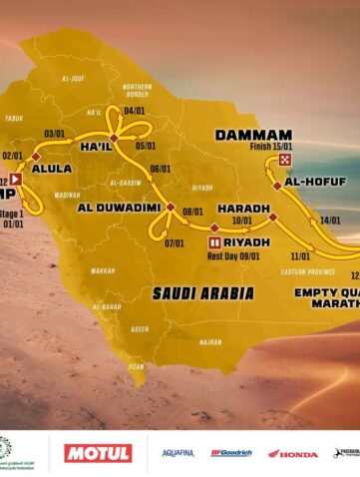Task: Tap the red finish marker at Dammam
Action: pyautogui.click(x=286, y=160)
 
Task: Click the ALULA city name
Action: pyautogui.click(x=52, y=170)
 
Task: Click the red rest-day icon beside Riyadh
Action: pyautogui.click(x=214, y=241)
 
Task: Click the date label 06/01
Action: pyautogui.click(x=161, y=169)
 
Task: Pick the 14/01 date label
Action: pyautogui.click(x=330, y=221)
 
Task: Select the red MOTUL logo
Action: pyautogui.click(x=98, y=453)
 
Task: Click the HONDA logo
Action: pyautogui.click(x=299, y=453)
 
